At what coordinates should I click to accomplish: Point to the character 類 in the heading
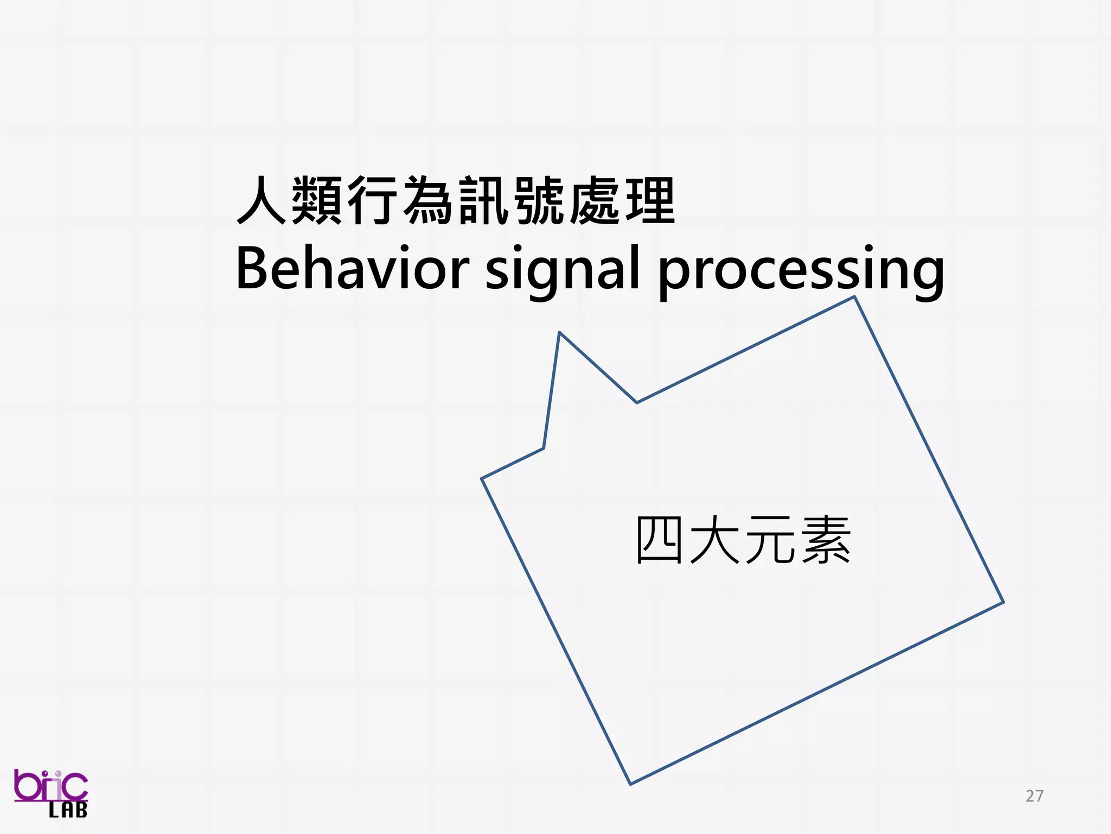[x=318, y=200]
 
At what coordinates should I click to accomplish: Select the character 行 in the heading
[x=373, y=200]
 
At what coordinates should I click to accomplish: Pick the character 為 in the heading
[x=429, y=200]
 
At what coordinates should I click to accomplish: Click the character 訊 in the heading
[x=484, y=200]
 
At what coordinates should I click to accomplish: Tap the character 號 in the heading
[x=540, y=200]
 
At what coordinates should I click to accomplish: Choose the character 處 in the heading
[x=595, y=200]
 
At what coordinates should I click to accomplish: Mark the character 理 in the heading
[x=650, y=200]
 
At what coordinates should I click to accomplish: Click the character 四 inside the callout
[x=659, y=540]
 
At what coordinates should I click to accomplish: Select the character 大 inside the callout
[x=715, y=540]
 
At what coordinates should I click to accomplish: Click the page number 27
[x=1035, y=796]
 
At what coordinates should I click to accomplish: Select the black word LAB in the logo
[x=68, y=811]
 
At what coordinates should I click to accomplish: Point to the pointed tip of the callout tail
[x=559, y=332]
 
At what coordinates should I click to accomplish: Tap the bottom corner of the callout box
[x=630, y=784]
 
